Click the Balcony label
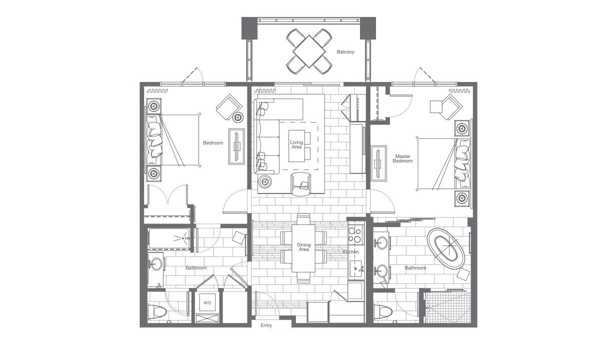point(345,51)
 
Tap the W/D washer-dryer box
point(207,303)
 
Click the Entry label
point(266,325)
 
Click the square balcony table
point(309,51)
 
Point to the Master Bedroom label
point(402,158)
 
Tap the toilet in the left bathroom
point(157,311)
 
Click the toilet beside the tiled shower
point(383,311)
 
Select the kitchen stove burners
point(355,234)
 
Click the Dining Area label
point(303,247)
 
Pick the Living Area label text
point(296,144)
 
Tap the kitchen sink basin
point(356,270)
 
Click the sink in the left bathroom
point(156,263)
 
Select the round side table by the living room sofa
point(265,181)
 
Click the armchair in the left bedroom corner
point(229,107)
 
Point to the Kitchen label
point(351,252)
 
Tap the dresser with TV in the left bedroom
point(236,146)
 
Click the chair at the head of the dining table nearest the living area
point(303,219)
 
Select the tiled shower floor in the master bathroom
point(447,307)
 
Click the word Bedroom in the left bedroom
point(213,142)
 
